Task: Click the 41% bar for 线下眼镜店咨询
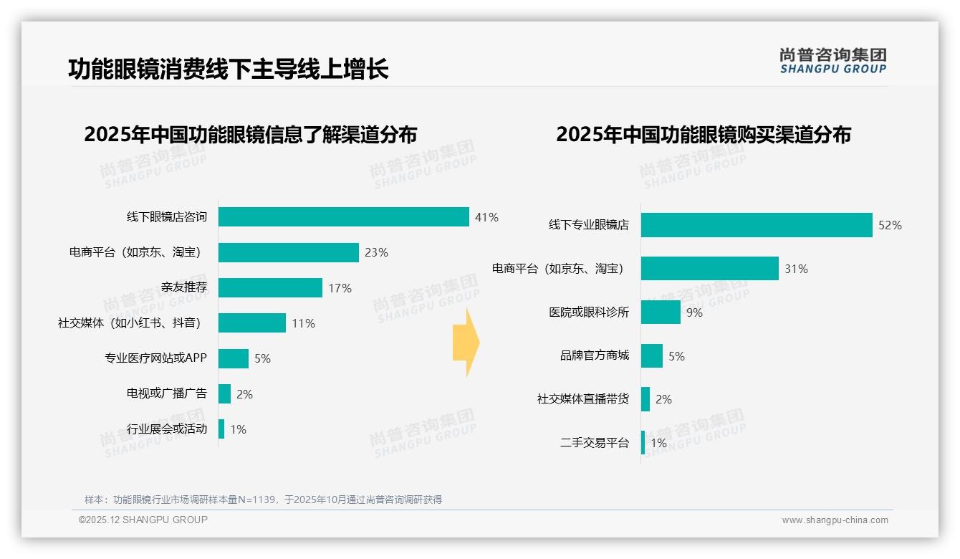pos(344,217)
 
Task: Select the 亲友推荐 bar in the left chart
pos(270,288)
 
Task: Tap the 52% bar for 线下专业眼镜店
pos(757,225)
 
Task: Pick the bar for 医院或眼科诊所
pos(661,312)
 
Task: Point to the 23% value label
pos(376,252)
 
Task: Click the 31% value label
pos(796,269)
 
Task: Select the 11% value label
pos(303,323)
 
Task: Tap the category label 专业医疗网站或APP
pos(155,358)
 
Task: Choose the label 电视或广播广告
pos(166,393)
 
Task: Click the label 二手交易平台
pos(594,443)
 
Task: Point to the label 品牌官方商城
pos(594,355)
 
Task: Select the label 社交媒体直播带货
pos(582,399)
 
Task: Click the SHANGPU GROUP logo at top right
pos(832,60)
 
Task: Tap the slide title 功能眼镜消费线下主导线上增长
pos(229,70)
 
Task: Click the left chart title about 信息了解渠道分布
pos(250,135)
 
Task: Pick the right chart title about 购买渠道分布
pos(703,135)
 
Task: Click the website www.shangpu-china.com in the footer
pos(835,520)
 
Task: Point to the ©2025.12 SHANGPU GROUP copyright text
pos(143,520)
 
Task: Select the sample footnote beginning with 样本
pos(263,500)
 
